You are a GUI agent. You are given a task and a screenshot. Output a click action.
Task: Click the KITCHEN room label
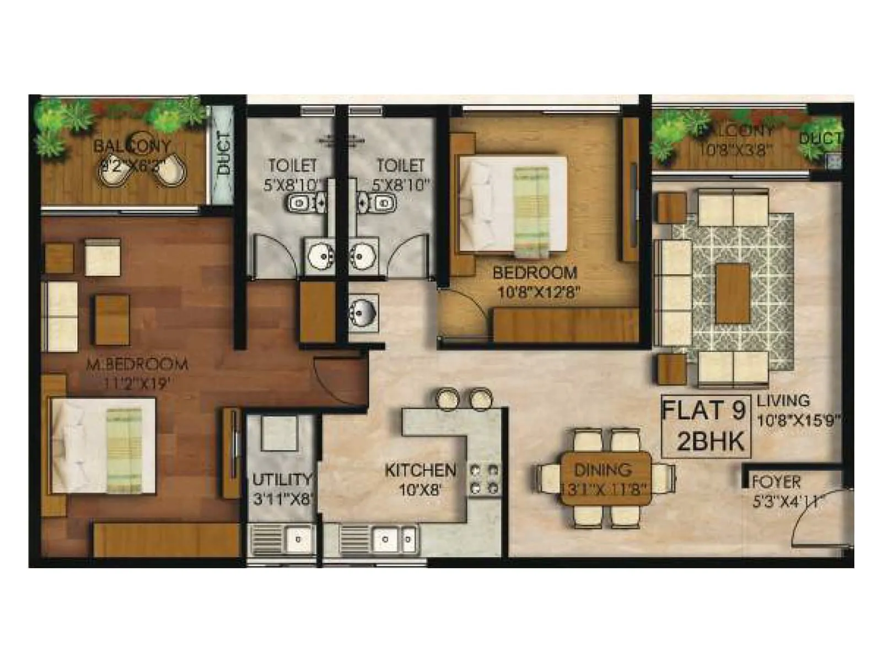tap(420, 470)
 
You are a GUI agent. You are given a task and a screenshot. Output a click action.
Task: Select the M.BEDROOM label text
tap(137, 364)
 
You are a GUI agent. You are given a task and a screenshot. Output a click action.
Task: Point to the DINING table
tap(605, 478)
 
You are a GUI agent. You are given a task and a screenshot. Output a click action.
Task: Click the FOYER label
tap(776, 482)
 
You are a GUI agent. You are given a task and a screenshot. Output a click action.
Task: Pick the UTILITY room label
tap(282, 479)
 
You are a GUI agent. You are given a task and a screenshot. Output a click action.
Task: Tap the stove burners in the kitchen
tap(484, 479)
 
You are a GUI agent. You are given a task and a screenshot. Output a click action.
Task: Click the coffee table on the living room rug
tap(733, 293)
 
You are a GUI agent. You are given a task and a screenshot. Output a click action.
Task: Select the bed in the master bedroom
tap(103, 446)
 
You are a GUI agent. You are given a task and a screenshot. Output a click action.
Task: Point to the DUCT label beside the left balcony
tap(223, 153)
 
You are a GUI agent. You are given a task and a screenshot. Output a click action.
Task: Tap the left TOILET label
tap(293, 165)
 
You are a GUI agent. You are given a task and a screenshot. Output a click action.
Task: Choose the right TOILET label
tap(401, 165)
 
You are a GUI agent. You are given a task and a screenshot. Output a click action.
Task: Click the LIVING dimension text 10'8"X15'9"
tap(798, 421)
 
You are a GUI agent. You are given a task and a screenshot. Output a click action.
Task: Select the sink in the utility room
tap(298, 538)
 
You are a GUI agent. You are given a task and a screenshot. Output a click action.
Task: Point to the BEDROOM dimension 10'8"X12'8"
tap(538, 292)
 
